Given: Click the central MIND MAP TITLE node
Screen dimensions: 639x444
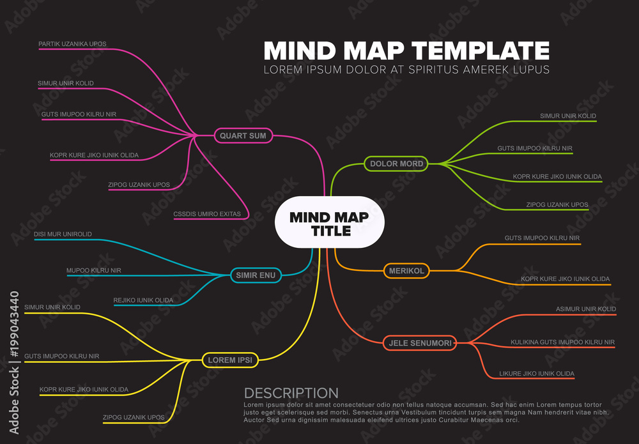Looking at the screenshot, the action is [x=329, y=222].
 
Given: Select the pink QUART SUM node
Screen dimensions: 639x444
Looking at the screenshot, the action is [x=243, y=135].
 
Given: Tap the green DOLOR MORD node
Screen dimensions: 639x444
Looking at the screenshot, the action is [x=396, y=164].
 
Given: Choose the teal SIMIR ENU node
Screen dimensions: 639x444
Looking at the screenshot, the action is [x=255, y=275].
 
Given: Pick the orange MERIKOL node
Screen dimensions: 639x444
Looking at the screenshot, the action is [x=406, y=271].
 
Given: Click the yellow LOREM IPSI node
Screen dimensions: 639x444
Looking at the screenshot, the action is [x=229, y=360].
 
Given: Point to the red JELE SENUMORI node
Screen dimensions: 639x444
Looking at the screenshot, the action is [x=420, y=344].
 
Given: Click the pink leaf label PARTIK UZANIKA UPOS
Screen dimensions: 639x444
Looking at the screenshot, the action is [x=72, y=44].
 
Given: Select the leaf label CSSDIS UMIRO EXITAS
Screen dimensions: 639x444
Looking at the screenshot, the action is [x=207, y=214].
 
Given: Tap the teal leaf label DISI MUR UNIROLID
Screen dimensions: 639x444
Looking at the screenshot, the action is [x=63, y=234].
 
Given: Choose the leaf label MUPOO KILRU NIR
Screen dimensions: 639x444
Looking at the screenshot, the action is [x=93, y=271].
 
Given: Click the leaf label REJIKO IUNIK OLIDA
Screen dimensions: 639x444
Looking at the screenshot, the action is [x=143, y=300].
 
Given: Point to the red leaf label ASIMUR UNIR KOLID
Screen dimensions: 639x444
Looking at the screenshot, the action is [x=586, y=309].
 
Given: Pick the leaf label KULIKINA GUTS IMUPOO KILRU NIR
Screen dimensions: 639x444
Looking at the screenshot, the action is [x=562, y=342].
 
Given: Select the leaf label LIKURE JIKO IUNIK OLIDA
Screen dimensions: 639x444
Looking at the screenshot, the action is [x=537, y=373].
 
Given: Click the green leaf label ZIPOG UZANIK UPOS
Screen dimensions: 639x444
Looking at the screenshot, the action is [x=557, y=204].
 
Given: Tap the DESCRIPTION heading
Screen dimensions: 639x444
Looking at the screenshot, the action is [x=291, y=394].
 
